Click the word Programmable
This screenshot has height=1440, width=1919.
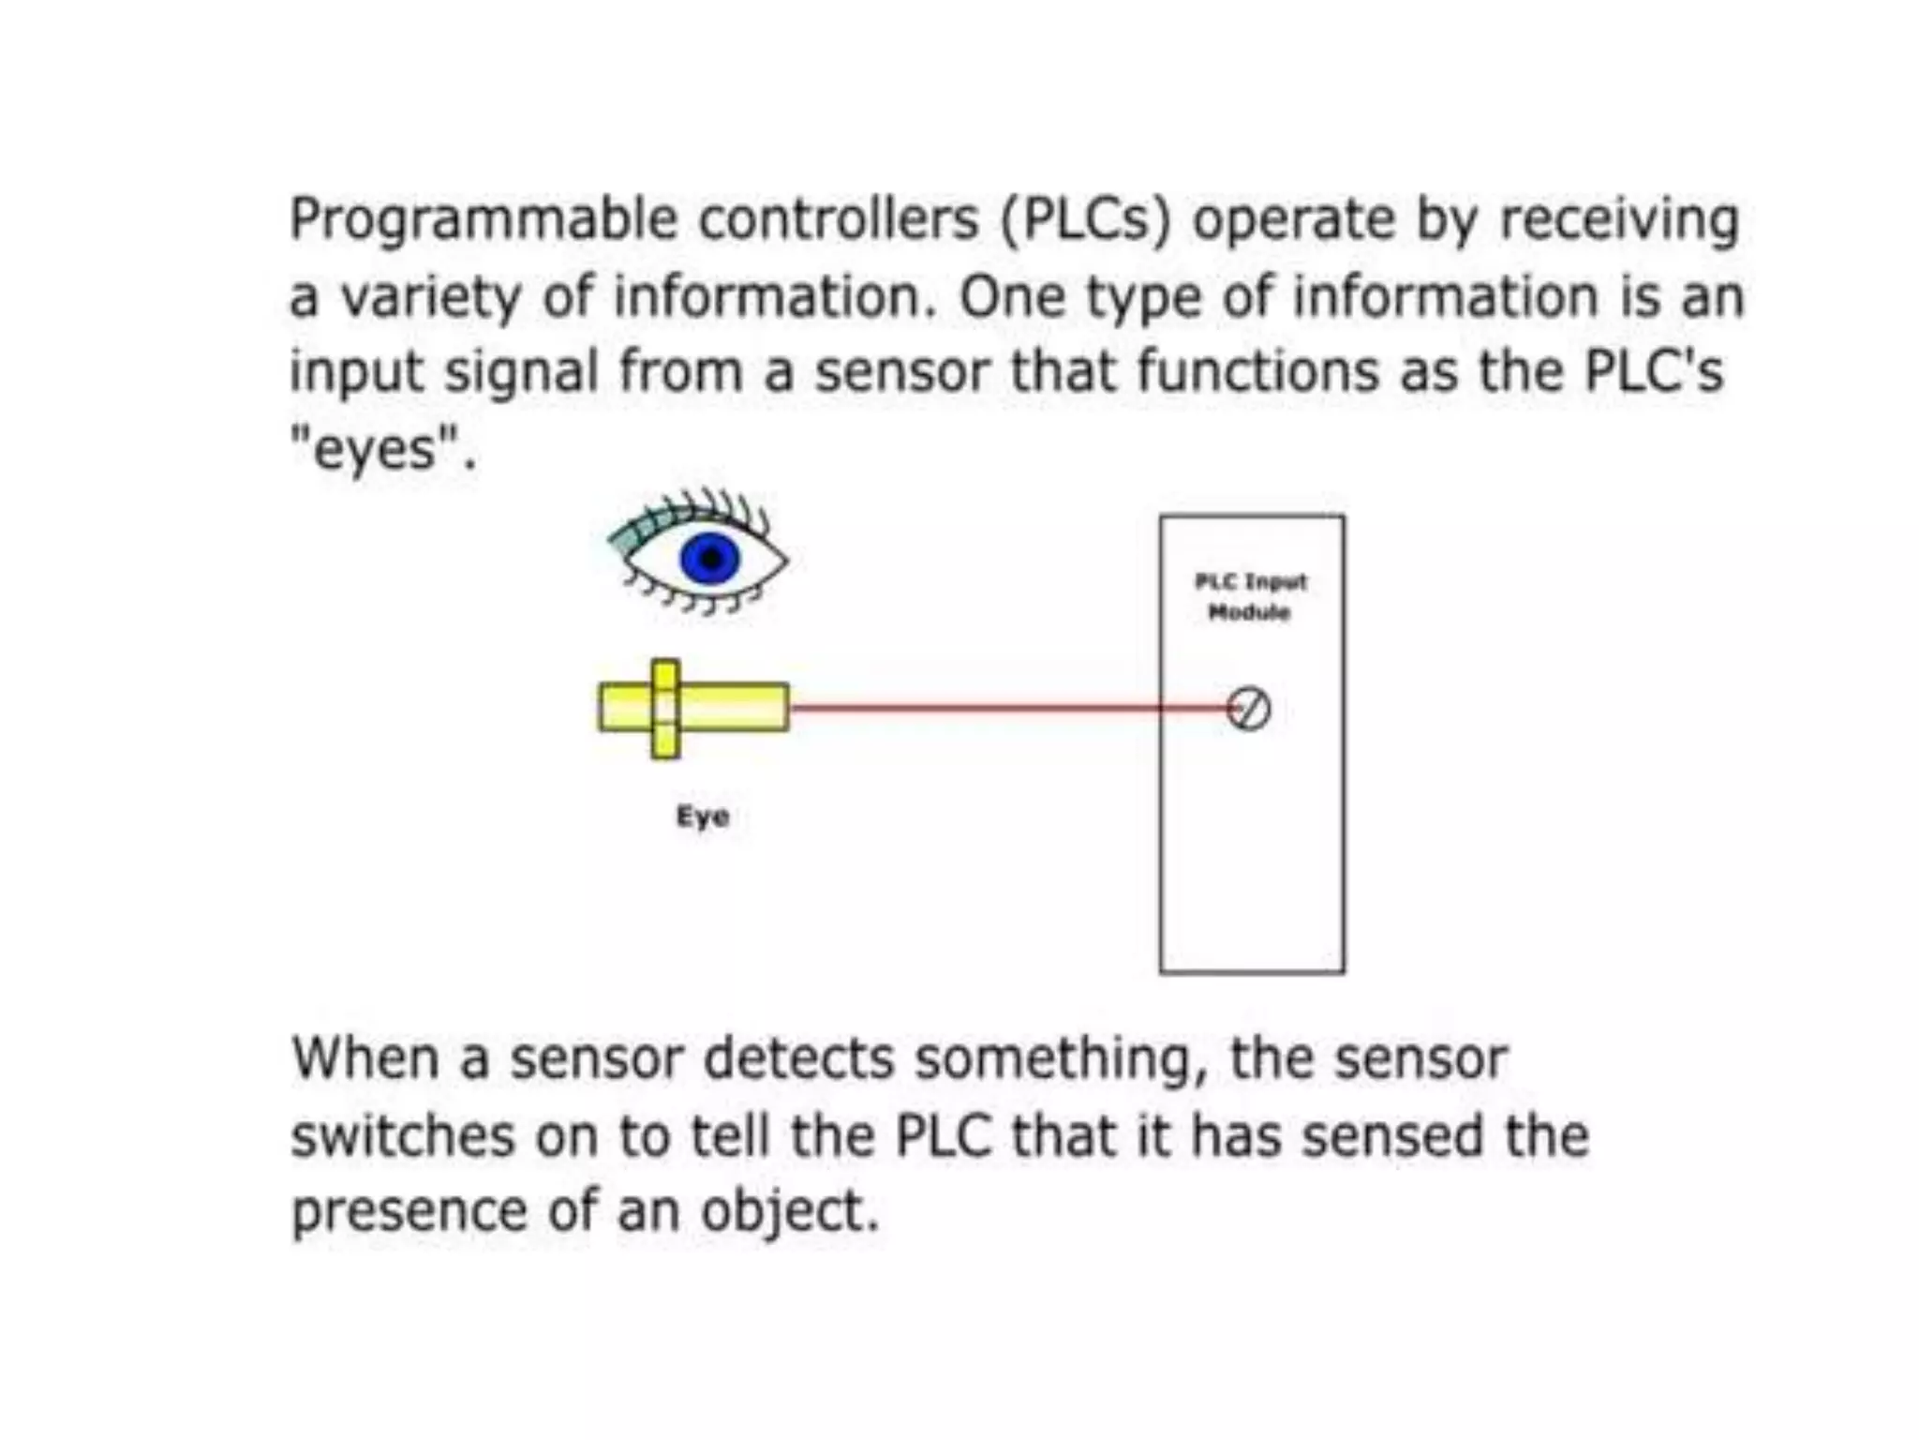483,220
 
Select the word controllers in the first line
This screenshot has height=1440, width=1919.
839,218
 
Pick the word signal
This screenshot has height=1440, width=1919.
521,372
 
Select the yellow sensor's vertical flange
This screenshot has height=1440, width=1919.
665,709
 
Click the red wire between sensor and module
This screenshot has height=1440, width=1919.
974,708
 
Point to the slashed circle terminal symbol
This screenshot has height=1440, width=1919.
1249,709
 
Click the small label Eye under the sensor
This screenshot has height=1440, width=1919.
703,817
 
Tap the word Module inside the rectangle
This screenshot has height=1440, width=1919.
1250,612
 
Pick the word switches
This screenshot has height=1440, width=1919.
403,1135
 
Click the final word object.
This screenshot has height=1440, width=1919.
787,1212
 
